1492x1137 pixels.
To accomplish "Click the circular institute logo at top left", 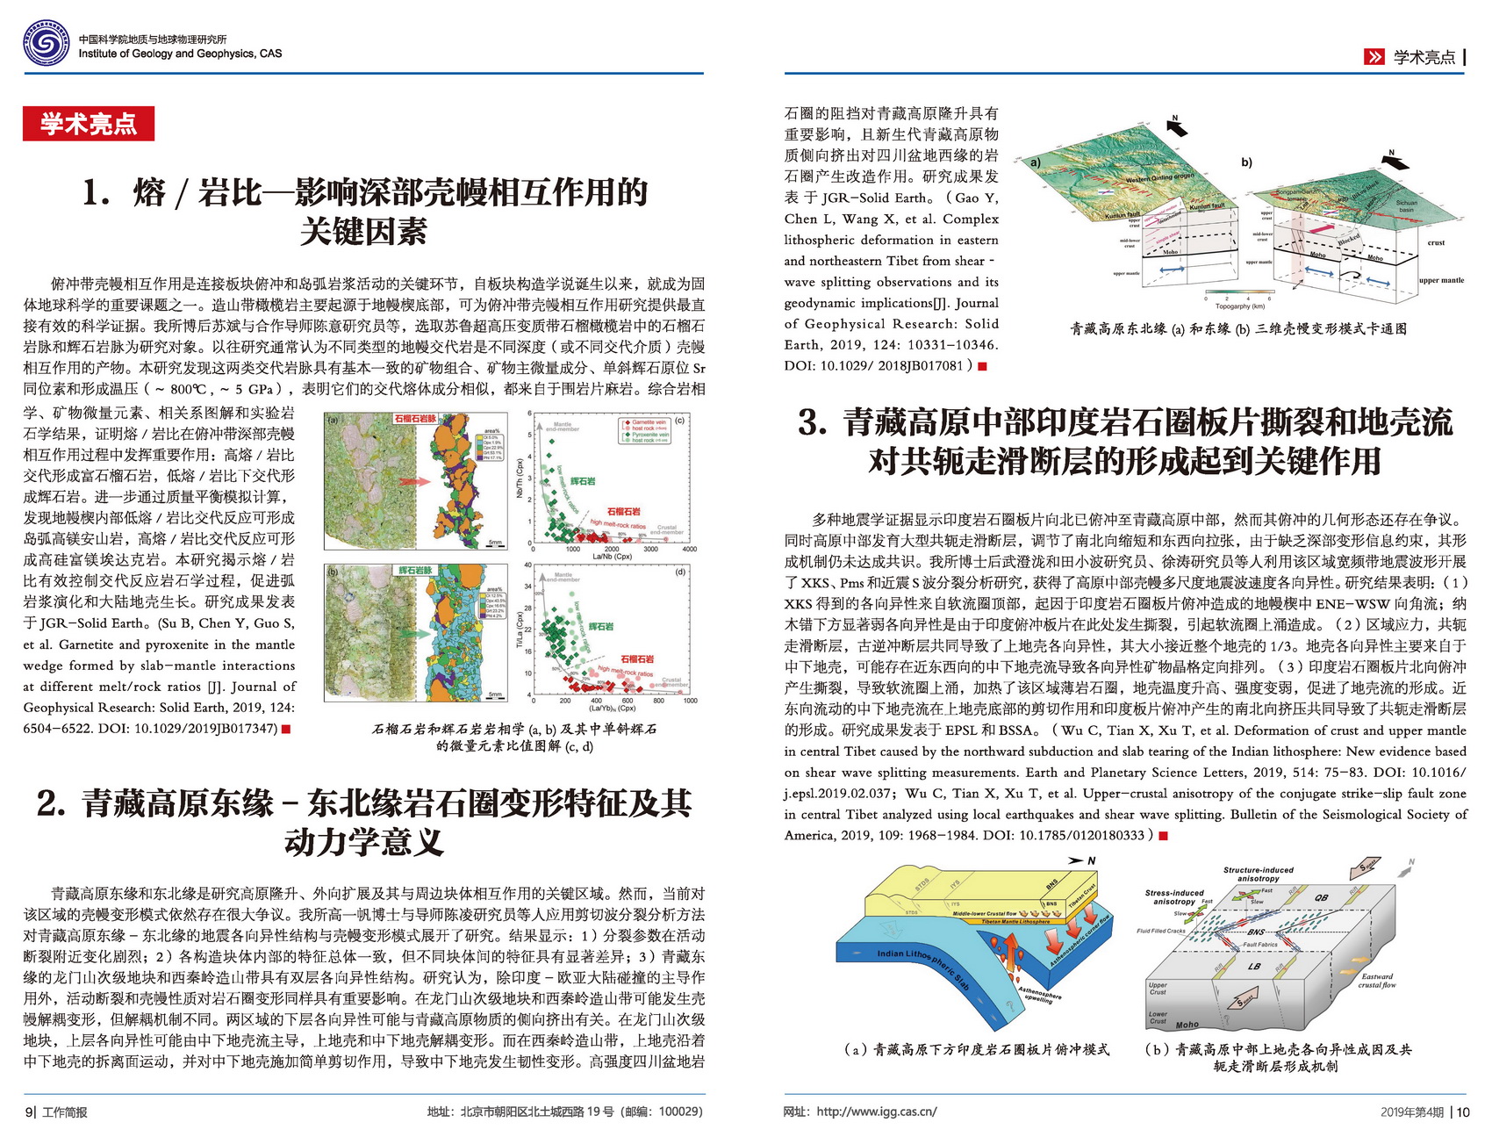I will tap(46, 43).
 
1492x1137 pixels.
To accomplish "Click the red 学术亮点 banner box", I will tap(89, 124).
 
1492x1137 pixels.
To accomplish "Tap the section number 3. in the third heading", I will tap(812, 423).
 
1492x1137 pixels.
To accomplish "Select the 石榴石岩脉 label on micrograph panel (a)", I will tap(414, 419).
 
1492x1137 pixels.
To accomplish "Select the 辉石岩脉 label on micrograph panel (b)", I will tap(416, 570).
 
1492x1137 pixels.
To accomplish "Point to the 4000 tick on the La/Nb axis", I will tap(689, 549).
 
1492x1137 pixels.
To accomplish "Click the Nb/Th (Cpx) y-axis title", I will tap(520, 479).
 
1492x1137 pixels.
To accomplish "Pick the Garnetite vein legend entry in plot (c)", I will tap(649, 422).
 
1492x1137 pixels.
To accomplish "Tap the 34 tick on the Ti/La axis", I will tap(527, 586).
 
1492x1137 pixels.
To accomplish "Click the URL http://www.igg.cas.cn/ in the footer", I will tap(876, 1112).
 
